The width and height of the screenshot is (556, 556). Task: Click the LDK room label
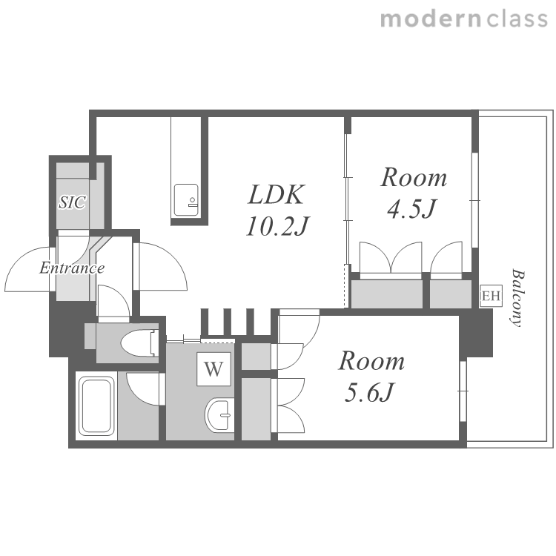click(x=276, y=195)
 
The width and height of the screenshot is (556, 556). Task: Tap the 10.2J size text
click(x=278, y=226)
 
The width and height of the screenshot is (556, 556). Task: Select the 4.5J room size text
click(x=411, y=209)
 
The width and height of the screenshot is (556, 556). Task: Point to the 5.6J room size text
click(x=369, y=392)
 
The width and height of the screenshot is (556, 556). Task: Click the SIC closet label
click(x=72, y=202)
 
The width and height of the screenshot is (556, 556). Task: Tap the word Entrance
click(x=72, y=268)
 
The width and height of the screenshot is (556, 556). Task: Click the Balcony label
click(x=517, y=298)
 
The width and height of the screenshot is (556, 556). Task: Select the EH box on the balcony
click(x=491, y=296)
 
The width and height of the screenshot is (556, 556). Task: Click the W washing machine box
click(x=214, y=368)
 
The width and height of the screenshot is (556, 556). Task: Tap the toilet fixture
click(x=139, y=343)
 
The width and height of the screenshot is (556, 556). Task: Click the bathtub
click(x=96, y=406)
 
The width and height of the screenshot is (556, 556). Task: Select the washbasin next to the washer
click(x=219, y=414)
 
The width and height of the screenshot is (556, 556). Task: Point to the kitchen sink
click(x=186, y=200)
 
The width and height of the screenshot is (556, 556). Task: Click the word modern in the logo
click(x=431, y=19)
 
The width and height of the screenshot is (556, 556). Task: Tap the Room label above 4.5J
click(x=414, y=177)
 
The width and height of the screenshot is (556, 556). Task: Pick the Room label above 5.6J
click(x=371, y=361)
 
